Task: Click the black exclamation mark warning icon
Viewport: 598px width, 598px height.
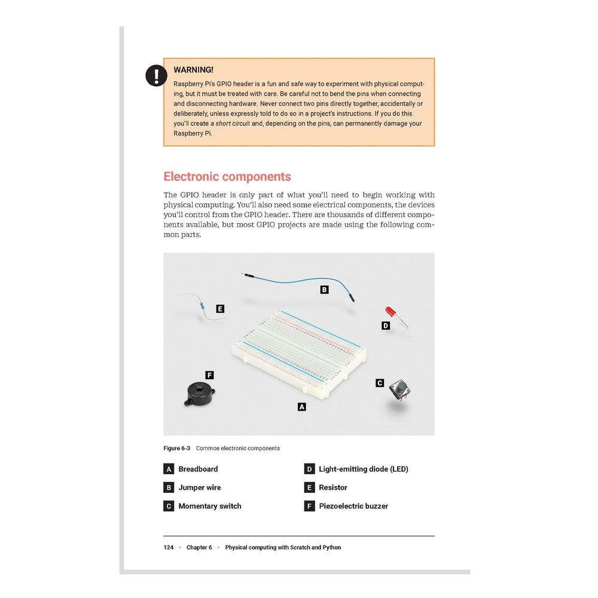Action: click(x=156, y=75)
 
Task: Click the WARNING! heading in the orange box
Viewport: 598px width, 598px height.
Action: click(x=193, y=70)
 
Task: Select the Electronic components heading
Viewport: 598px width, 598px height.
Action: click(x=227, y=176)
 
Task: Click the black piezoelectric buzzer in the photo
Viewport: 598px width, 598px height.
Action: click(x=198, y=393)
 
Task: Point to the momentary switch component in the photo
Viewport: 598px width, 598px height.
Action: click(x=399, y=389)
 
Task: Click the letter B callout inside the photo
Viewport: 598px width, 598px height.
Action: click(x=324, y=289)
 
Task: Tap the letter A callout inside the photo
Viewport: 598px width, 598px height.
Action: click(x=302, y=407)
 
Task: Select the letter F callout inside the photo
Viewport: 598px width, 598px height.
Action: click(x=209, y=375)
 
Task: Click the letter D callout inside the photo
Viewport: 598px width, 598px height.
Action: click(x=386, y=325)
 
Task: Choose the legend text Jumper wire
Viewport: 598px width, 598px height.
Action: click(x=200, y=487)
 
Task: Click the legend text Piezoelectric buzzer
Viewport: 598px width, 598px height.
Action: click(x=353, y=506)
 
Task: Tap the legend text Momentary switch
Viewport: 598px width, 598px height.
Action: click(x=210, y=506)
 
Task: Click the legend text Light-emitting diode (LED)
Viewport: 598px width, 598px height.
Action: click(x=364, y=469)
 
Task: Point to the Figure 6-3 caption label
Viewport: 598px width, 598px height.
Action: click(x=177, y=448)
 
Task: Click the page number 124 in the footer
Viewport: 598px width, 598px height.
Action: click(x=169, y=547)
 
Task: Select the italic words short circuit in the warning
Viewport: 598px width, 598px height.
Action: click(x=233, y=124)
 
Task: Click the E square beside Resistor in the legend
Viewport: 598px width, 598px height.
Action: click(x=309, y=487)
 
